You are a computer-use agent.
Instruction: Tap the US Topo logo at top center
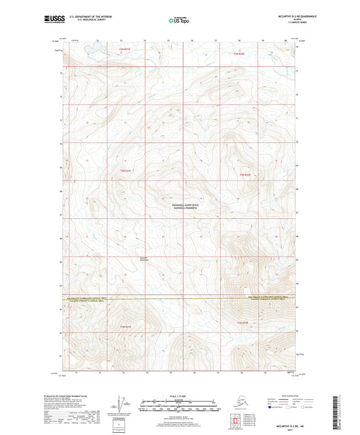(176, 20)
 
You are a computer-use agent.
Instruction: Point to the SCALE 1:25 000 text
(177, 396)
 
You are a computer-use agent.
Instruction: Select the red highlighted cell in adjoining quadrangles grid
(236, 419)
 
